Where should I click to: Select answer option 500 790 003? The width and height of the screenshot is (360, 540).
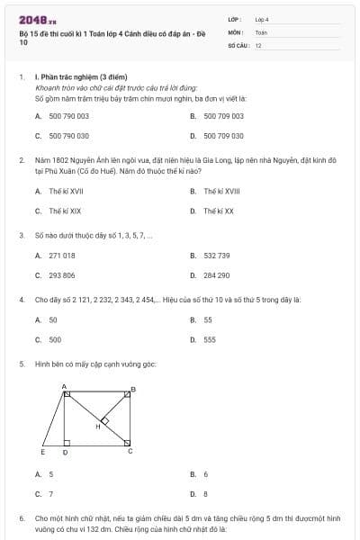point(68,116)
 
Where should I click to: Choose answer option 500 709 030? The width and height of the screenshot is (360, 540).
point(223,135)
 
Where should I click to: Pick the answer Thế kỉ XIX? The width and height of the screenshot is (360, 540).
point(66,211)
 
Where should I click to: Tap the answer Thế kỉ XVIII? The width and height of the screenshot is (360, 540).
point(221,191)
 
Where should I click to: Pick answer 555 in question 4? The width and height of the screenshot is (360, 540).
point(209,339)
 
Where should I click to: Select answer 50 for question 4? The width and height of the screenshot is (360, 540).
point(53,319)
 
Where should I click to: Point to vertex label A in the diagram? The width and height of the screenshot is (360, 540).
point(64,387)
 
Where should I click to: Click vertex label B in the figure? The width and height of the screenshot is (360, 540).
point(134,389)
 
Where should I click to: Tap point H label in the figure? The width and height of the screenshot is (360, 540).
point(98,426)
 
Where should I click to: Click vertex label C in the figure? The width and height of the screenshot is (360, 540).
point(130,451)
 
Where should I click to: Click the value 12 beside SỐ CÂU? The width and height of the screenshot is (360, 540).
point(258,45)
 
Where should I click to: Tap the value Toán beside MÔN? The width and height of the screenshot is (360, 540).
point(261,31)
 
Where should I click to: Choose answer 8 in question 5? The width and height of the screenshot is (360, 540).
point(205,493)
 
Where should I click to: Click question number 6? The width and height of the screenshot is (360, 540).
point(22,518)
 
